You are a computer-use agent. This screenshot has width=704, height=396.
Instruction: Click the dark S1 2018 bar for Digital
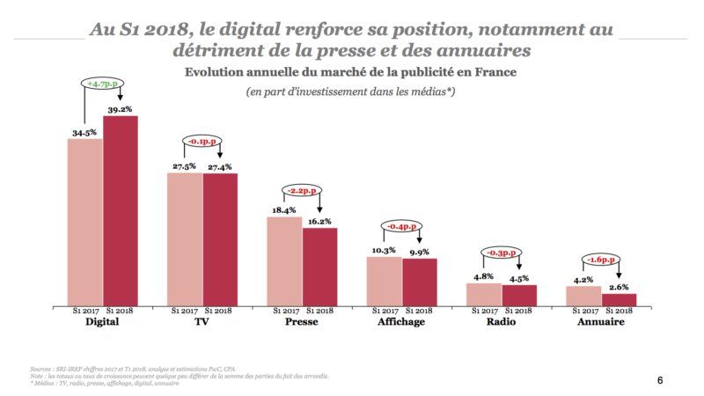click(x=121, y=210)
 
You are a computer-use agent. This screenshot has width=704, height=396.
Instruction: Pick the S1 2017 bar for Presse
click(x=284, y=260)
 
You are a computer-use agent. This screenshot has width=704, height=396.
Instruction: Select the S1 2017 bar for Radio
click(x=484, y=294)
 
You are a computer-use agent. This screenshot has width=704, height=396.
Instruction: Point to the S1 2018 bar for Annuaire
click(x=619, y=299)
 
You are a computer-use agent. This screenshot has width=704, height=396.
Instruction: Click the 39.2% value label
click(x=121, y=110)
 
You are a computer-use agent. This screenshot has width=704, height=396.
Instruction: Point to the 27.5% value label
click(x=184, y=167)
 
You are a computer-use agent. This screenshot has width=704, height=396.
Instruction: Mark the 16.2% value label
click(x=319, y=222)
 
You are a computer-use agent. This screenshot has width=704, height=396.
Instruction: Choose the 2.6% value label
click(x=620, y=287)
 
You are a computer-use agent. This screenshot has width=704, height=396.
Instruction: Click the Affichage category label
click(x=401, y=323)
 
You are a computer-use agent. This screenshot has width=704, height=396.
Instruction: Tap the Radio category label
click(x=501, y=323)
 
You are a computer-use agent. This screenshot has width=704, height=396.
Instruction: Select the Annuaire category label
click(x=601, y=323)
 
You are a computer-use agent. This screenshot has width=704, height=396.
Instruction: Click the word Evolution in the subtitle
click(x=219, y=71)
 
